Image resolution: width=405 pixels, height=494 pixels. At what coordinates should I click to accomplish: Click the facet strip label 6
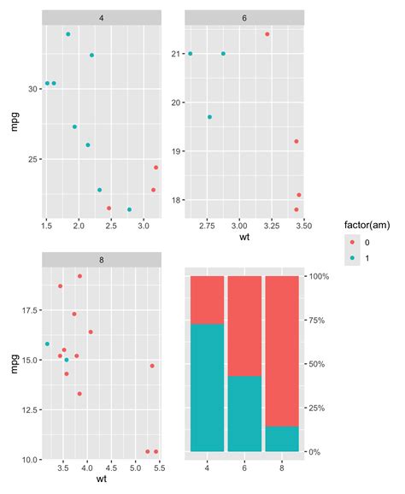[244, 17]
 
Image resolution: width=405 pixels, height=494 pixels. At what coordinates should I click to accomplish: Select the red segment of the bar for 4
[207, 300]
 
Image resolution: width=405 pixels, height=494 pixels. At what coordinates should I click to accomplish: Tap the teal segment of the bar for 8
[282, 438]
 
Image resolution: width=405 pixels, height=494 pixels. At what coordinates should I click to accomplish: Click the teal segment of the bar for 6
[244, 414]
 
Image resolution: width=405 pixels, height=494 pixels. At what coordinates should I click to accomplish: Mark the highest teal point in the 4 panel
[68, 34]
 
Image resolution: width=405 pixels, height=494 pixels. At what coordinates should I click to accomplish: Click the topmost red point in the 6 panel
[267, 34]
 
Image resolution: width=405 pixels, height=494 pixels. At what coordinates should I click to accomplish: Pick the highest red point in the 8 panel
[80, 276]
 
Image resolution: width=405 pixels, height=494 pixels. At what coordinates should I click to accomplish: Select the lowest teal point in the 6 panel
[209, 117]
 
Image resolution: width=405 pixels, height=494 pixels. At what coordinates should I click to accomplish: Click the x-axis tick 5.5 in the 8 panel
[157, 468]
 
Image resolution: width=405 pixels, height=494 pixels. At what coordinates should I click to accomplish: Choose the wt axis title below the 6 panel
[244, 237]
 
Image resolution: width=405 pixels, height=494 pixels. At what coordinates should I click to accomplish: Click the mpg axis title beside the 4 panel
[13, 121]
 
